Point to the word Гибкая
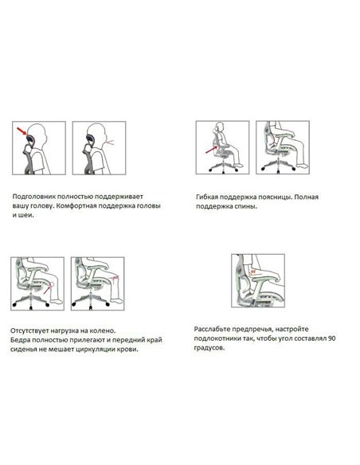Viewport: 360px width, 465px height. pos(207,197)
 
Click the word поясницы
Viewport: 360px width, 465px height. pos(275,197)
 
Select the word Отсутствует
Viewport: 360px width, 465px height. pos(29,330)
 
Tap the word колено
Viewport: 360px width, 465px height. pos(104,330)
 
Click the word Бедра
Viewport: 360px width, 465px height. pos(20,340)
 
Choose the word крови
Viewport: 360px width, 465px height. pos(129,349)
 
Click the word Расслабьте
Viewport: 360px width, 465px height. pos(212,329)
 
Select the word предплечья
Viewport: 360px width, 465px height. pos(252,330)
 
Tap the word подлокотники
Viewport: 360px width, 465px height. pos(216,338)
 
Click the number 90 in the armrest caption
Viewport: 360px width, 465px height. pos(332,338)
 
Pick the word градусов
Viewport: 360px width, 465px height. pos(209,348)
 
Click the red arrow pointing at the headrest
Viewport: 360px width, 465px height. pos(22,131)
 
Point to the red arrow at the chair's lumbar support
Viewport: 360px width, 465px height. pos(212,150)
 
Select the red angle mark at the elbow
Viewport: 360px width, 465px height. pos(252,272)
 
